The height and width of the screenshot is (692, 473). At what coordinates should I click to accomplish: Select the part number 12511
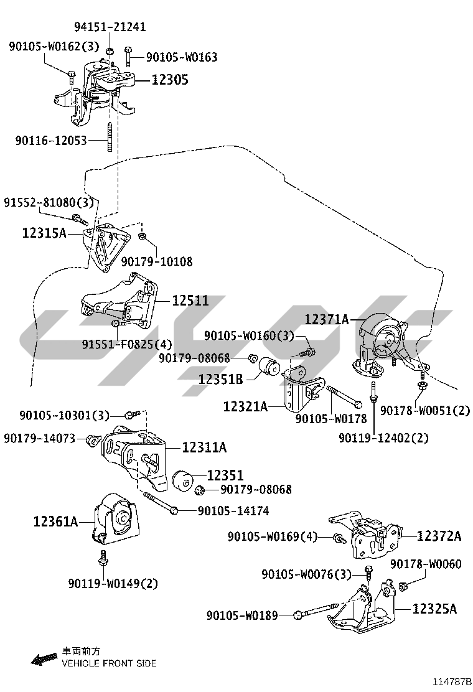pos(190,301)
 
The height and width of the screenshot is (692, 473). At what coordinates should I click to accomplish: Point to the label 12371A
pos(327,320)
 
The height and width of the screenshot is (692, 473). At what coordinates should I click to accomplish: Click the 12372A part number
pos(439,536)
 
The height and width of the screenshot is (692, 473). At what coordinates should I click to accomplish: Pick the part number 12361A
pos(56,521)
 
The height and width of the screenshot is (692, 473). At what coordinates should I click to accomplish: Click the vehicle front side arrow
pos(44,658)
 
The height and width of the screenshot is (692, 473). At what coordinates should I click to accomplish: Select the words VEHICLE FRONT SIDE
pos(109,663)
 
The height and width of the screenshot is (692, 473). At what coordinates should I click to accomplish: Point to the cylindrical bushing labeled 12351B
pos(271,367)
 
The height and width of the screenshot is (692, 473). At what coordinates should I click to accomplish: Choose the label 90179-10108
pos(157,262)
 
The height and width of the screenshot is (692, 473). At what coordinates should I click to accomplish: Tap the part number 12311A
pos(204,447)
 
